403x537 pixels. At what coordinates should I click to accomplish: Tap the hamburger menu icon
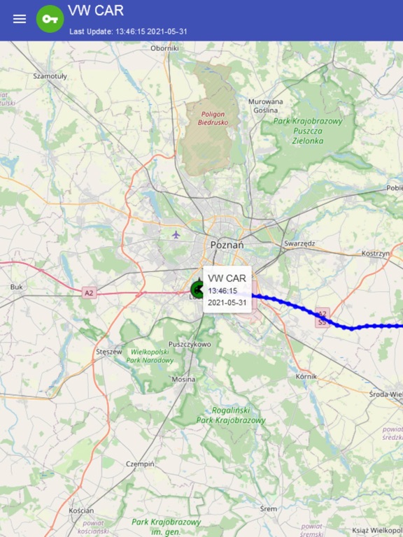point(20,19)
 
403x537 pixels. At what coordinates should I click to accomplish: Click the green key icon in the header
point(50,19)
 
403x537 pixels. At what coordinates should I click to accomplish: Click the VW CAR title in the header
point(96,10)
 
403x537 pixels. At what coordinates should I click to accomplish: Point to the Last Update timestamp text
point(128,31)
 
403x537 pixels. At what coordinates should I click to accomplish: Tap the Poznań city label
point(227,245)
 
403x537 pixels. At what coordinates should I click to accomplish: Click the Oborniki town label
point(165,48)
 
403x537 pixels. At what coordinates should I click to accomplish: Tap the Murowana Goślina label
point(266,106)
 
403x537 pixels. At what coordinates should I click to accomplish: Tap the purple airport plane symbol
point(176,234)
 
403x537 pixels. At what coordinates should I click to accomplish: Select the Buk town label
point(17,287)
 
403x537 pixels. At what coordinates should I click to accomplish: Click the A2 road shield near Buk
point(88,292)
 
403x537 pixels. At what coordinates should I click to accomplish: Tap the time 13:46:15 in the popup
point(222,291)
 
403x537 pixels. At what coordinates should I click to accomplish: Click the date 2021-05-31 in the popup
point(227,303)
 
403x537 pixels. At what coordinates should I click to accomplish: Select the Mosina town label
point(184,379)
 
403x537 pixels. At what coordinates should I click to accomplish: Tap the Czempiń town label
point(139,464)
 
